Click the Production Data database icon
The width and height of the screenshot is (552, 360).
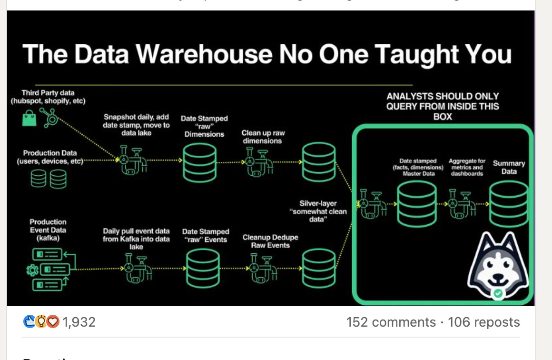point(48,179)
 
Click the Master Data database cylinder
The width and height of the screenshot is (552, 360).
point(417,203)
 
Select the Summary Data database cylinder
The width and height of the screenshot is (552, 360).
point(509,203)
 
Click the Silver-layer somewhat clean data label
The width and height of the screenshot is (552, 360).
point(318,211)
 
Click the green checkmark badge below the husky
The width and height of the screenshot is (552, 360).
point(498,293)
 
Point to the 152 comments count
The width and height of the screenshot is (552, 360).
point(391,322)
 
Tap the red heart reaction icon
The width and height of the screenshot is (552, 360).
point(53,322)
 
